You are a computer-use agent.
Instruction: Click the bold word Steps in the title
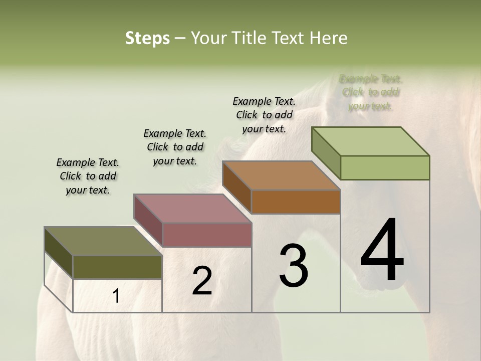[x=147, y=38]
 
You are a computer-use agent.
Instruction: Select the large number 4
[x=382, y=251]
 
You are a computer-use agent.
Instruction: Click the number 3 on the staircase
[x=294, y=266]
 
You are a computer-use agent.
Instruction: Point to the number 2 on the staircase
[x=202, y=281]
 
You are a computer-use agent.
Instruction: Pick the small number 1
[x=116, y=296]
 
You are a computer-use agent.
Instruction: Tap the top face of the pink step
[x=192, y=209]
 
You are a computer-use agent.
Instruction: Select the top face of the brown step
[x=281, y=175]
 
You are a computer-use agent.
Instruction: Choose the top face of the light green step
[x=370, y=141]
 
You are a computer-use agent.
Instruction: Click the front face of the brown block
[x=296, y=202]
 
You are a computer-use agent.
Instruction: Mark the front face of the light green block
[x=385, y=167]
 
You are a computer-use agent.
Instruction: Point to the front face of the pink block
[x=207, y=235]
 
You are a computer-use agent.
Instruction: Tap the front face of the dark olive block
[x=118, y=267]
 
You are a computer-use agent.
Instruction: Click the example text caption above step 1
[x=88, y=176]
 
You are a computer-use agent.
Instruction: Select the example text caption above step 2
[x=175, y=147]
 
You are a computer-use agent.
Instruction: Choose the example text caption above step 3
[x=264, y=115]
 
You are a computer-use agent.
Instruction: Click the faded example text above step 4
[x=370, y=92]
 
